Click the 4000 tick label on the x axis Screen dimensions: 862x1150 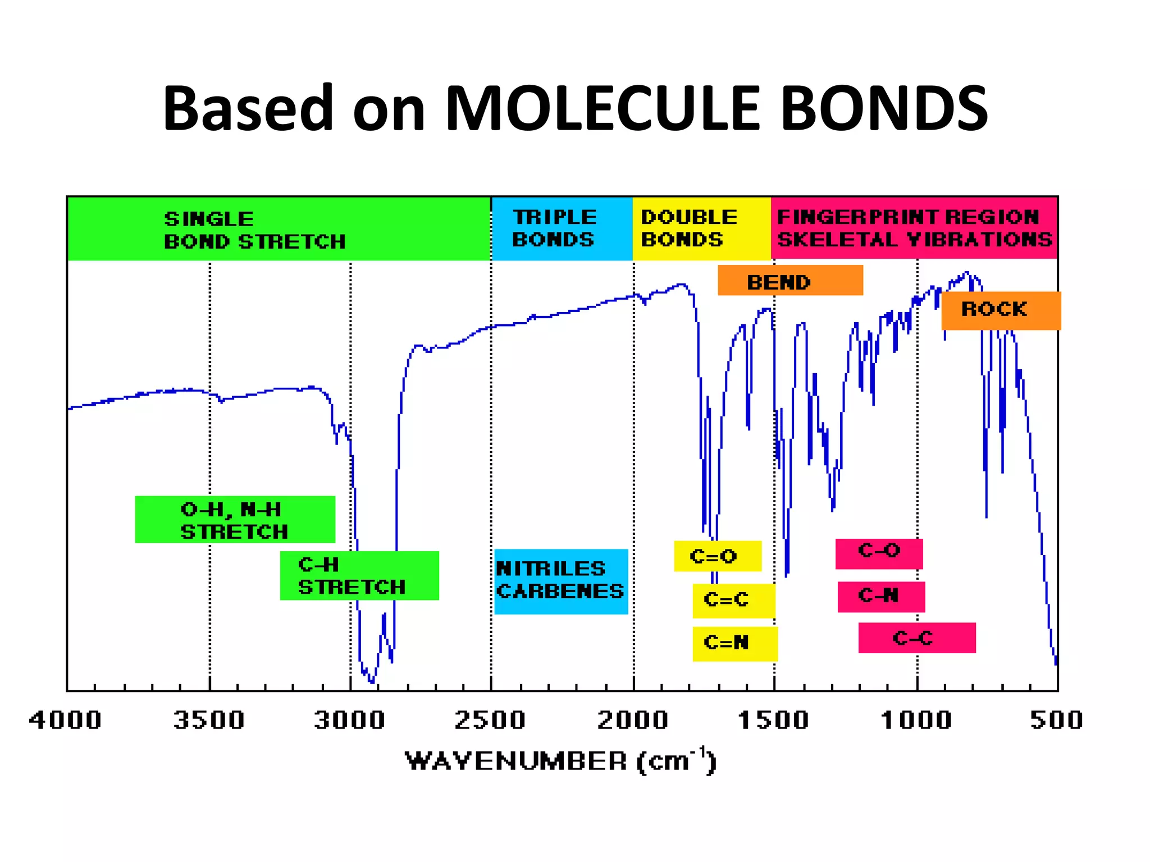pos(65,720)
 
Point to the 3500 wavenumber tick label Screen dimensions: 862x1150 pos(209,720)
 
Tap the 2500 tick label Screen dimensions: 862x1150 pos(490,720)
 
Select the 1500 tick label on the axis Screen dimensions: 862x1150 pos(773,720)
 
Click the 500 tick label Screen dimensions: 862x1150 pos(1056,720)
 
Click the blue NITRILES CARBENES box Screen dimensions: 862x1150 pos(560,581)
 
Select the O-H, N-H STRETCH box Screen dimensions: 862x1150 pos(235,520)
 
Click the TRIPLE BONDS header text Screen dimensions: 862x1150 pos(554,228)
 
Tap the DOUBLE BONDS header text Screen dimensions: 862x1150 pos(689,228)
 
